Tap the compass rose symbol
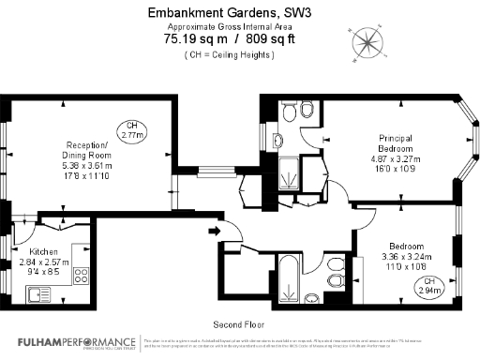tap(367, 41)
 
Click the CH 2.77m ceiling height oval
tap(134, 131)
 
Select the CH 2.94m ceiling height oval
tap(429, 286)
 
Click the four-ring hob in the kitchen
tap(80, 276)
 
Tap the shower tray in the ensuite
tap(292, 174)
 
